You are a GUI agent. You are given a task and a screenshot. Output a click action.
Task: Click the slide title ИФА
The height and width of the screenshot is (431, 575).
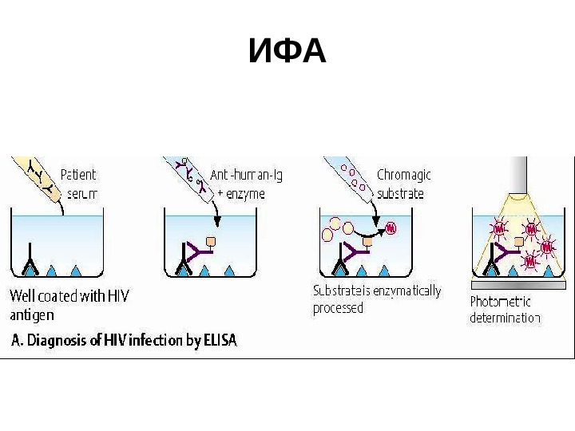(287, 53)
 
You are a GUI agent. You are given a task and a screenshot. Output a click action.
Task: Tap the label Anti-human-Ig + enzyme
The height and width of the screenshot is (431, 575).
(247, 183)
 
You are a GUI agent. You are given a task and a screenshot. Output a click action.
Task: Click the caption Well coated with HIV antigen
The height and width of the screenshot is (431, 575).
(68, 304)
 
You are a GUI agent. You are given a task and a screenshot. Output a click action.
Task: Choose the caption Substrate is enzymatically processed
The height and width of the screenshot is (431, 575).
(375, 299)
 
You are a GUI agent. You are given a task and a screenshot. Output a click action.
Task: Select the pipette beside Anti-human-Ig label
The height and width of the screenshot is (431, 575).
(188, 176)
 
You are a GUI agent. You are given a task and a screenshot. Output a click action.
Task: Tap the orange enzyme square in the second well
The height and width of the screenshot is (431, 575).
(212, 240)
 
